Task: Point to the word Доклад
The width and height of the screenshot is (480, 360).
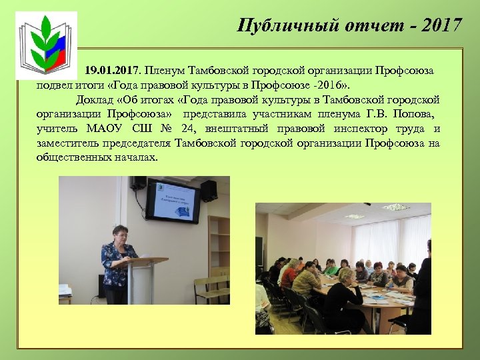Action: click(95, 101)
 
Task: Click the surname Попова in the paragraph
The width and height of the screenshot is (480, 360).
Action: click(415, 113)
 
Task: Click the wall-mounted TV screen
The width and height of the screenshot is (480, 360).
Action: click(172, 200)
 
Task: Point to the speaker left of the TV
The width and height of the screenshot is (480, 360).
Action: click(138, 183)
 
